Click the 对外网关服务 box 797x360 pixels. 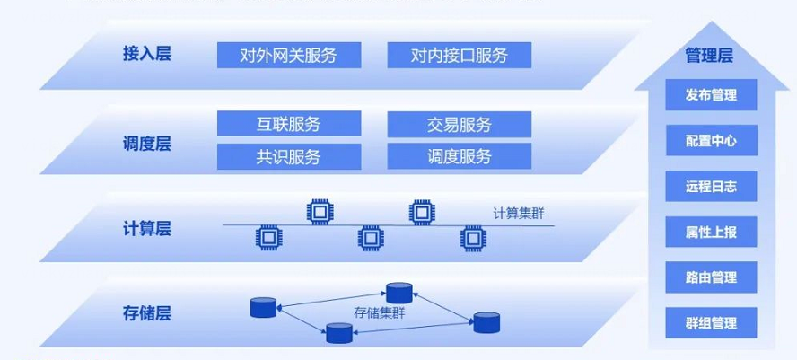click(288, 55)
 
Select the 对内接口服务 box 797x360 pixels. click(459, 55)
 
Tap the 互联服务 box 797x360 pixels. click(288, 124)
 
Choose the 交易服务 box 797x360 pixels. click(459, 124)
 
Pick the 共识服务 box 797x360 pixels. click(288, 156)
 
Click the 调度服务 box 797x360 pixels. click(459, 156)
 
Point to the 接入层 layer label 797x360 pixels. click(146, 53)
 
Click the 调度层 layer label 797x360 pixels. click(146, 143)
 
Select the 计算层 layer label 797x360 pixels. click(146, 228)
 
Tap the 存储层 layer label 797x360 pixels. click(146, 313)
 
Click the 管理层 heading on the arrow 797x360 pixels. click(709, 56)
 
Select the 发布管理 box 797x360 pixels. click(711, 95)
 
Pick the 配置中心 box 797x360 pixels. click(711, 141)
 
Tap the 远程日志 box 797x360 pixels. click(711, 187)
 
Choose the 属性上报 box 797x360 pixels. click(711, 232)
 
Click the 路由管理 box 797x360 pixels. click(711, 277)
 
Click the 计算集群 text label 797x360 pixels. click(518, 214)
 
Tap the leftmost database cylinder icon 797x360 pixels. click(262, 308)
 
